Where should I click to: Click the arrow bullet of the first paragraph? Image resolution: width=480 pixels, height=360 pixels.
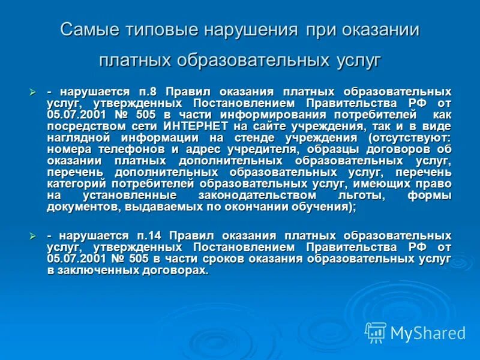[x=34, y=92]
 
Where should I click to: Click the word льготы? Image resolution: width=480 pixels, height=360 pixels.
[x=361, y=196]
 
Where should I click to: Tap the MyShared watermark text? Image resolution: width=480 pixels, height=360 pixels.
[x=427, y=333]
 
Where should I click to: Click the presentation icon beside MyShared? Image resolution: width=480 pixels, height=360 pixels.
[x=376, y=332]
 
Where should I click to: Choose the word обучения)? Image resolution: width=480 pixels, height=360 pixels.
[x=318, y=207]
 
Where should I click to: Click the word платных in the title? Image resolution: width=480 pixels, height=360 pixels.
[x=133, y=61]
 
